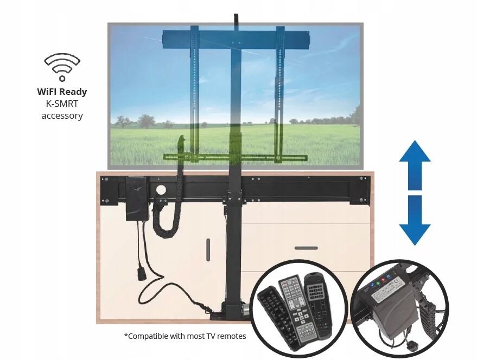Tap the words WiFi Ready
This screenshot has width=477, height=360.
pos(62,92)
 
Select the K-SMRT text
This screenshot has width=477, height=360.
pos(62,104)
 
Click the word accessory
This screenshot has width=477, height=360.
pos(62,115)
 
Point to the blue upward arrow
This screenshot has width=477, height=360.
pos(415,163)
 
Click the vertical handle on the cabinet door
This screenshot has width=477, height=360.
pos(207,249)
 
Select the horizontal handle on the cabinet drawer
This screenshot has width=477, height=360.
pos(306,248)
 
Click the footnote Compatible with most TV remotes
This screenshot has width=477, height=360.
pos(185,336)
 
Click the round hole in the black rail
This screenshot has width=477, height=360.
pos(160,190)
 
